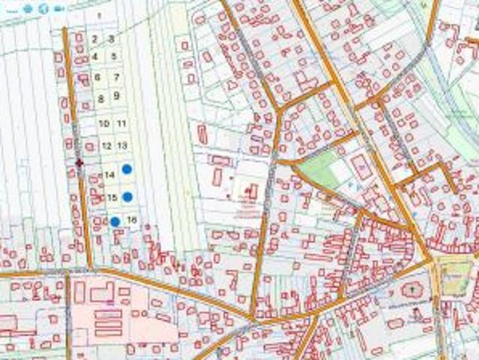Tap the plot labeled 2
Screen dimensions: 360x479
click(95, 39)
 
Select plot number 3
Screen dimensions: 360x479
click(111, 38)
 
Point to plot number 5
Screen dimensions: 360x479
click(113, 56)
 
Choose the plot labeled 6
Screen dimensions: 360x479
click(97, 77)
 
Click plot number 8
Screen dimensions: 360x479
click(100, 98)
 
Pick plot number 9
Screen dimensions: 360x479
click(116, 95)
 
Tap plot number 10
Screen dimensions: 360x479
click(104, 124)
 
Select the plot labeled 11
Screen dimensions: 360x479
click(121, 124)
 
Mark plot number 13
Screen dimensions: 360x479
click(123, 145)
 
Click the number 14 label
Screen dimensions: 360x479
click(109, 175)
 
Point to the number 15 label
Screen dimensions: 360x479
click(112, 198)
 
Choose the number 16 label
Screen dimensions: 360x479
click(132, 220)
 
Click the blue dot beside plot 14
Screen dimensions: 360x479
click(127, 169)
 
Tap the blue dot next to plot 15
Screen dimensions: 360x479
click(127, 196)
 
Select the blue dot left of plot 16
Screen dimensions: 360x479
click(115, 221)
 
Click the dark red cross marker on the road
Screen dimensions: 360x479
click(79, 162)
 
